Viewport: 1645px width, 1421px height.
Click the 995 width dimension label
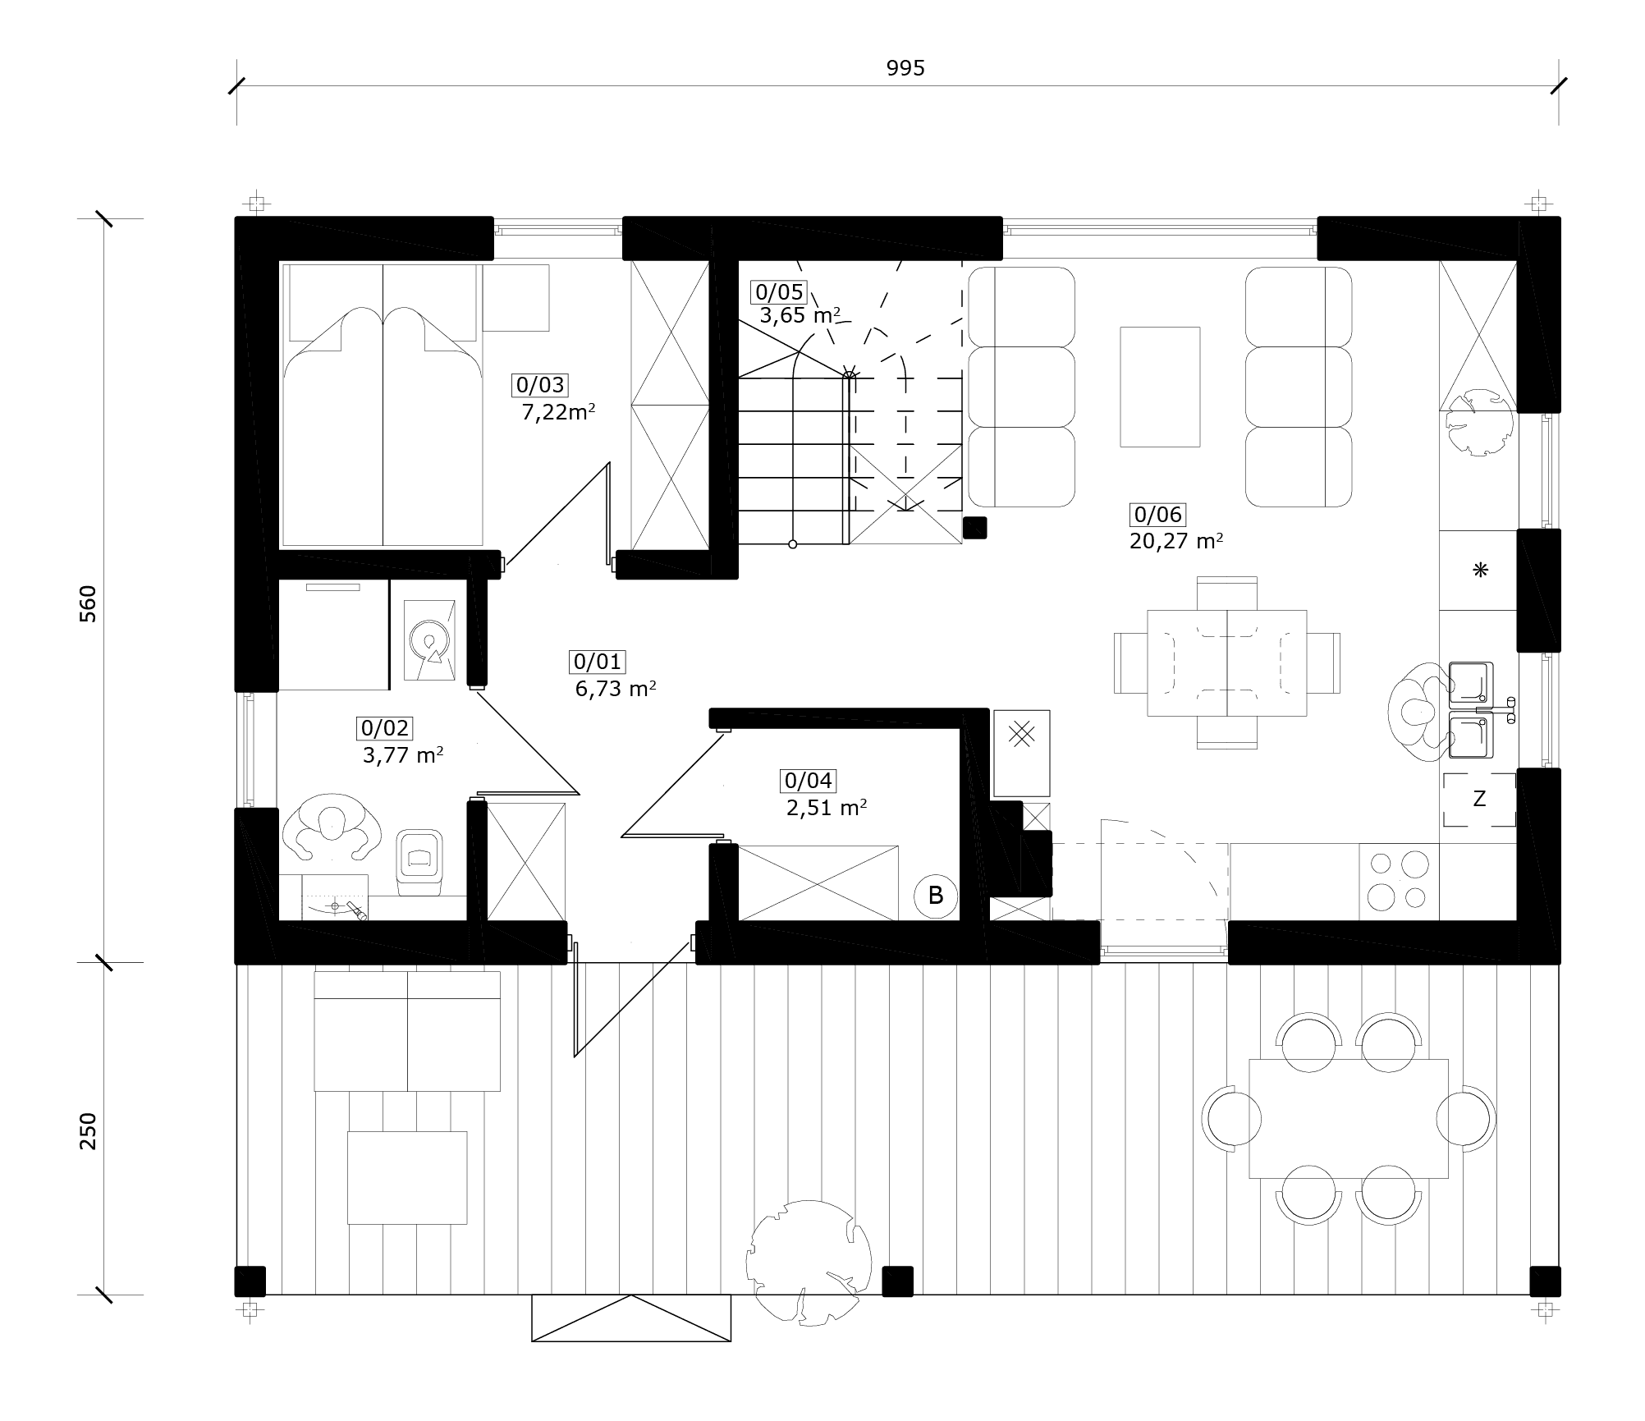point(905,69)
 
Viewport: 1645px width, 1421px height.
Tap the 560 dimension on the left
point(88,603)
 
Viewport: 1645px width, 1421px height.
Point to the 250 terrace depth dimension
point(88,1131)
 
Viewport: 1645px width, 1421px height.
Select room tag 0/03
point(540,385)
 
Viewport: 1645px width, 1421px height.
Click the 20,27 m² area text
point(1176,542)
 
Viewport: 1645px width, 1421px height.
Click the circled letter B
point(936,896)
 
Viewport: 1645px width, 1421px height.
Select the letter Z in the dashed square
point(1479,799)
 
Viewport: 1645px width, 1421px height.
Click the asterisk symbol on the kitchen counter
point(1480,570)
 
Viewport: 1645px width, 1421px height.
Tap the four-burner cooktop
point(1399,881)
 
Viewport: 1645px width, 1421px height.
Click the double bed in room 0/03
point(383,405)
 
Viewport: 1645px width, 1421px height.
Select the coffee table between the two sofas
point(1160,387)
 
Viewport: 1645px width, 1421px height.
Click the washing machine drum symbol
point(428,639)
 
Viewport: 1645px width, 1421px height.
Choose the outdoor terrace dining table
point(1348,1118)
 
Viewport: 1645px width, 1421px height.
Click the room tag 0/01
point(598,662)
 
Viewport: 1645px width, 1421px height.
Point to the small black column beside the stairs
point(974,528)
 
